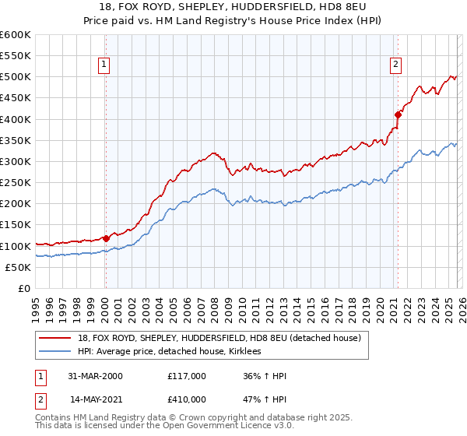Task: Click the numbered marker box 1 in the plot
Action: click(104, 65)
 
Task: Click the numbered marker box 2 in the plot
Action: click(395, 65)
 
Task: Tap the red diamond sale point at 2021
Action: click(398, 114)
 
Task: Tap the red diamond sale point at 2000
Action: click(106, 239)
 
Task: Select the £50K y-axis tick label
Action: click(18, 267)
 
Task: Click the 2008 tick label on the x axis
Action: click(214, 308)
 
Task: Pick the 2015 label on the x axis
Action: click(310, 308)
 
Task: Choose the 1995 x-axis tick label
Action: click(36, 308)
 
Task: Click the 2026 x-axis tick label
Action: click(461, 308)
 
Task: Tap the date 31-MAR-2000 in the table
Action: click(96, 376)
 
